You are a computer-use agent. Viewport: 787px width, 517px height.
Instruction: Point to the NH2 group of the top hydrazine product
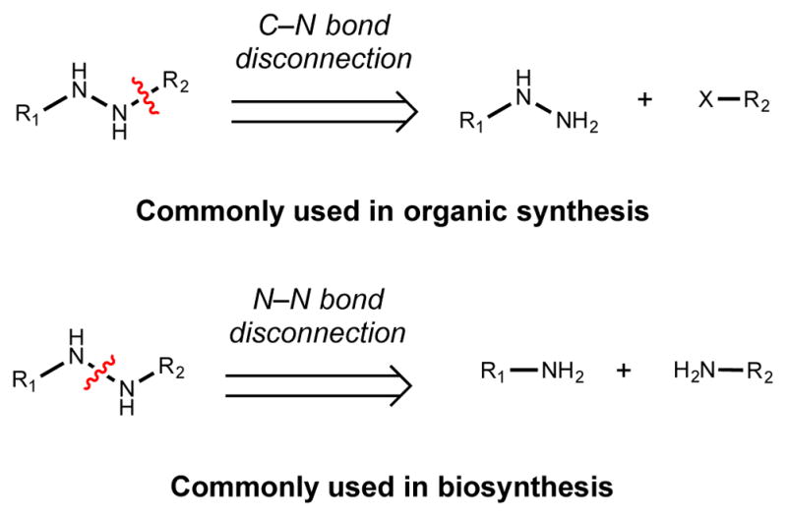[x=572, y=123]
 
